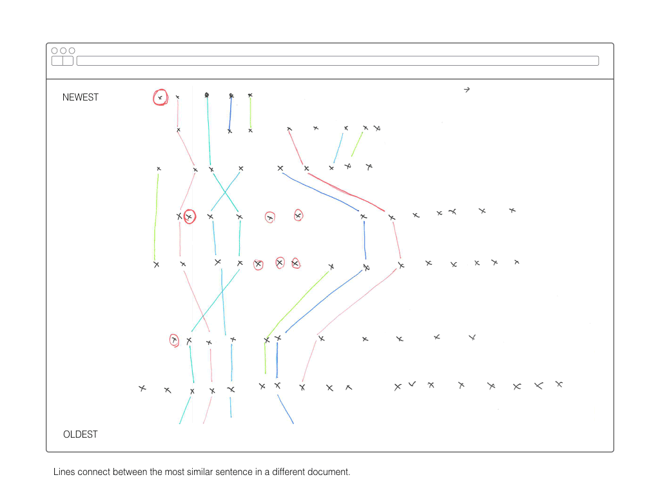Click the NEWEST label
81,97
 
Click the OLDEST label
81,434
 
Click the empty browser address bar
338,61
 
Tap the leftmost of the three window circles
54,50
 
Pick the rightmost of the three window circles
72,50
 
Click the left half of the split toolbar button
57,61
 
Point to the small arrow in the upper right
467,90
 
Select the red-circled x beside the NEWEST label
160,98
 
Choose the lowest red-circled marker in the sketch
174,340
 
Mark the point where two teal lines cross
225,192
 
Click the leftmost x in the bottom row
142,388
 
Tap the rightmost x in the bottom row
559,384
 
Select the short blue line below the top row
230,113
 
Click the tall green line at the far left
156,217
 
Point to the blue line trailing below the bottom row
286,409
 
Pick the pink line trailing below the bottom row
208,409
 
